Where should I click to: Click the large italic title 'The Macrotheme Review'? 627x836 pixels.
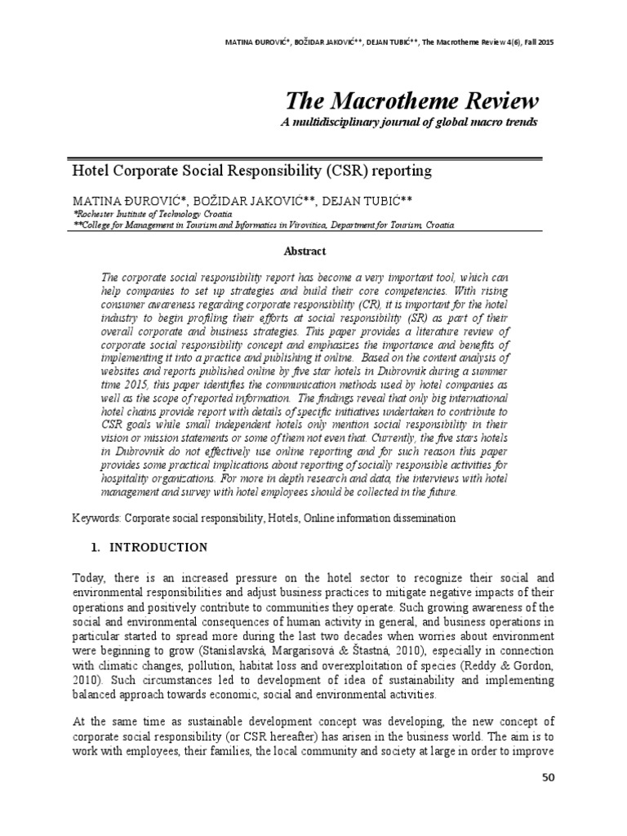412,102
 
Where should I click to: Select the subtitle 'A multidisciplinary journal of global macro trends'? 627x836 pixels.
410,122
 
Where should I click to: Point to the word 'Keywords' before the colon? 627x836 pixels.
96,518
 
